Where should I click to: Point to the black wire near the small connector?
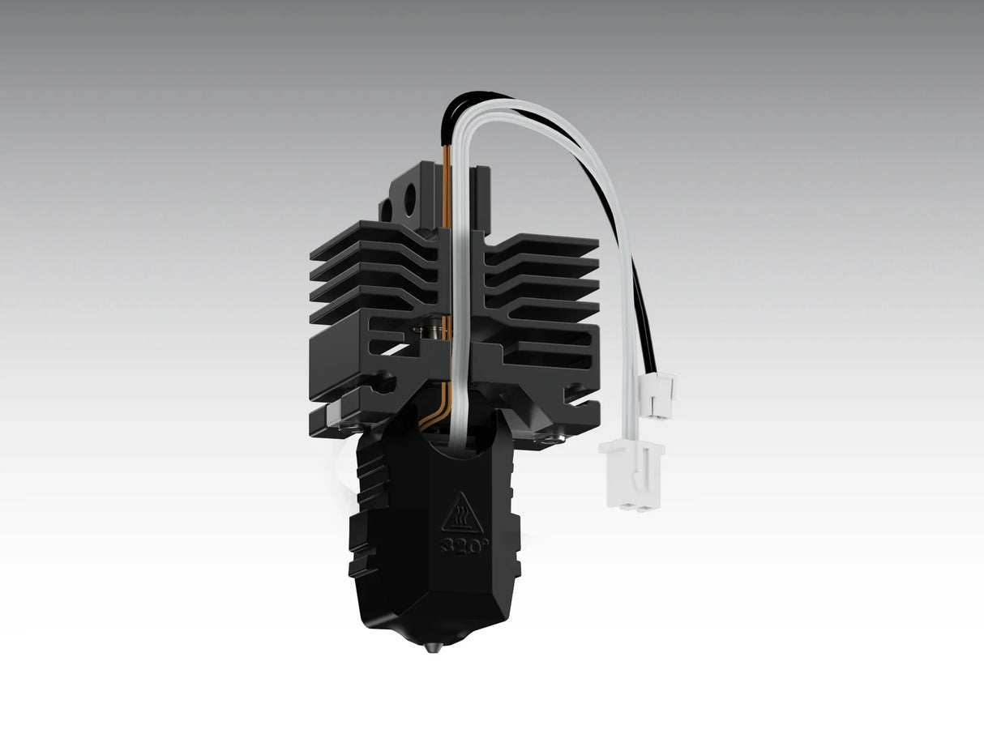(x=645, y=324)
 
